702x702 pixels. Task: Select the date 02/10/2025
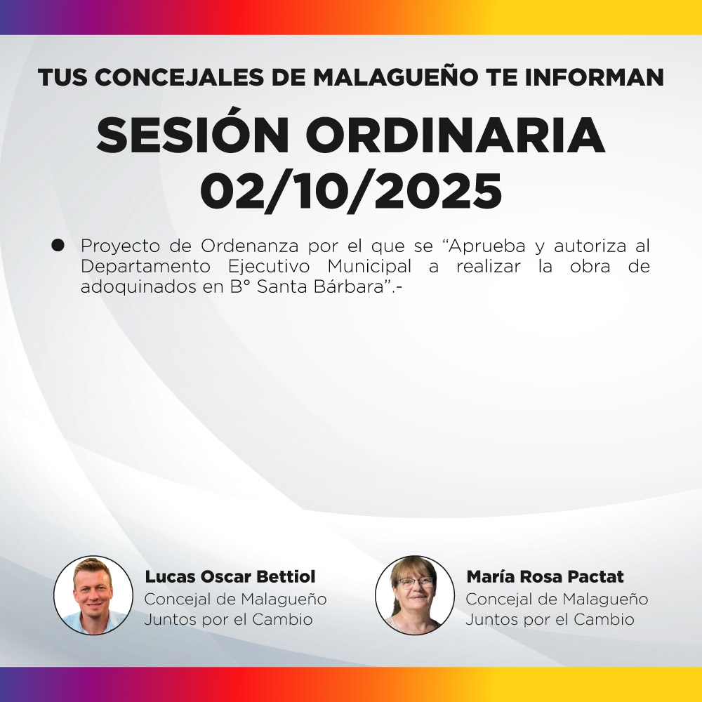(351, 190)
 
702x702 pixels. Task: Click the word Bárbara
(354, 287)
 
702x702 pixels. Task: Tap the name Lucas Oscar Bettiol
(230, 577)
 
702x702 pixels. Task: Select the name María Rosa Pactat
(545, 577)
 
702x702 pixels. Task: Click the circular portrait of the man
(93, 595)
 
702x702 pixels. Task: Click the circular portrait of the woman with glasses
(415, 595)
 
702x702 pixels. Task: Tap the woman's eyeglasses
(415, 582)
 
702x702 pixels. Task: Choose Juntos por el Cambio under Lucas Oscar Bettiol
(228, 620)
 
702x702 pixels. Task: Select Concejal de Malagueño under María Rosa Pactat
(557, 600)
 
